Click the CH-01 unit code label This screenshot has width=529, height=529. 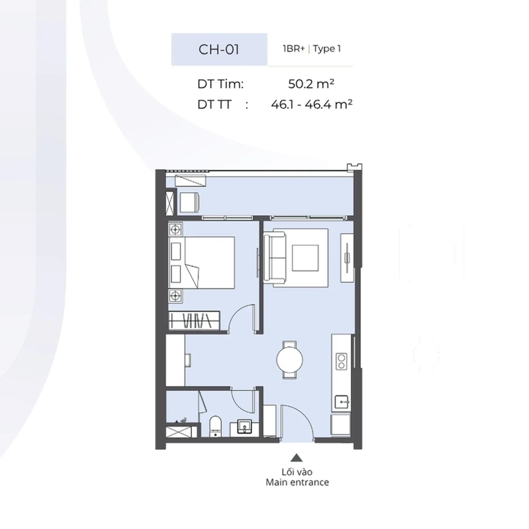pos(219,50)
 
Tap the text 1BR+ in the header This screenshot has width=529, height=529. pos(294,49)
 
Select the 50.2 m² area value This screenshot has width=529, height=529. pos(311,84)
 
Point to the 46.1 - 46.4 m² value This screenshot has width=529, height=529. pos(311,104)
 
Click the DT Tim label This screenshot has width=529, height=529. pos(220,84)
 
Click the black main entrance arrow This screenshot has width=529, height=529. pos(297,458)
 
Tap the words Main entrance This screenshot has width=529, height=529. pos(297,482)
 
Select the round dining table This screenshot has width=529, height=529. pos(290,360)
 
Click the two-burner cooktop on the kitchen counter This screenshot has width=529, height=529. pos(341,361)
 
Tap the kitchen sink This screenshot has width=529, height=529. pos(342,402)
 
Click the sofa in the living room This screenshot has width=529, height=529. pos(274,258)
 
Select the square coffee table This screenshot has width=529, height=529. pos(305,258)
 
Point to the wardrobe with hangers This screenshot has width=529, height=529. pos(194,320)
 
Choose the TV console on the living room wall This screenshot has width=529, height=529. pos(347,258)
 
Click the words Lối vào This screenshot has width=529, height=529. pos(297,472)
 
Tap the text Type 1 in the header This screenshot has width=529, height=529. pos(327,49)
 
